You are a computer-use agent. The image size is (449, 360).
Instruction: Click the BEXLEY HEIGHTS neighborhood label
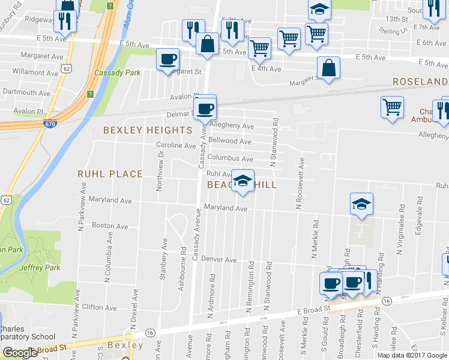pyautogui.click(x=148, y=130)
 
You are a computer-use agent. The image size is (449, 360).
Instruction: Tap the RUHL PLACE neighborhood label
pyautogui.click(x=110, y=174)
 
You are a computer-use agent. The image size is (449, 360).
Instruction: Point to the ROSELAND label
pyautogui.click(x=420, y=82)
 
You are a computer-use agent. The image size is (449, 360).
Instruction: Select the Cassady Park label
pyautogui.click(x=109, y=73)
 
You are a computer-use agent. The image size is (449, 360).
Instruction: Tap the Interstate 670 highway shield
pyautogui.click(x=50, y=124)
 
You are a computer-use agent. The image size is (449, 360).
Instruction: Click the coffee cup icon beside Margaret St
pyautogui.click(x=168, y=59)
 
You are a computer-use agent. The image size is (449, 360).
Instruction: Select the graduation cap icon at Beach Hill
pyautogui.click(x=242, y=181)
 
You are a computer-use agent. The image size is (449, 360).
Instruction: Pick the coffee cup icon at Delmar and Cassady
pyautogui.click(x=206, y=109)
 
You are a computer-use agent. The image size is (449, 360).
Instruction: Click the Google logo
pyautogui.click(x=19, y=353)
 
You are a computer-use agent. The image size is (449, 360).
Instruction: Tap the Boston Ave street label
pyautogui.click(x=110, y=226)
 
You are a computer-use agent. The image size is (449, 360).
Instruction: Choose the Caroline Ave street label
pyautogui.click(x=176, y=145)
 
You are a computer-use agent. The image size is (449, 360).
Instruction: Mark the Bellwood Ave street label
pyautogui.click(x=229, y=141)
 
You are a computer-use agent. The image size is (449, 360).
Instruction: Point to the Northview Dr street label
pyautogui.click(x=160, y=170)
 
